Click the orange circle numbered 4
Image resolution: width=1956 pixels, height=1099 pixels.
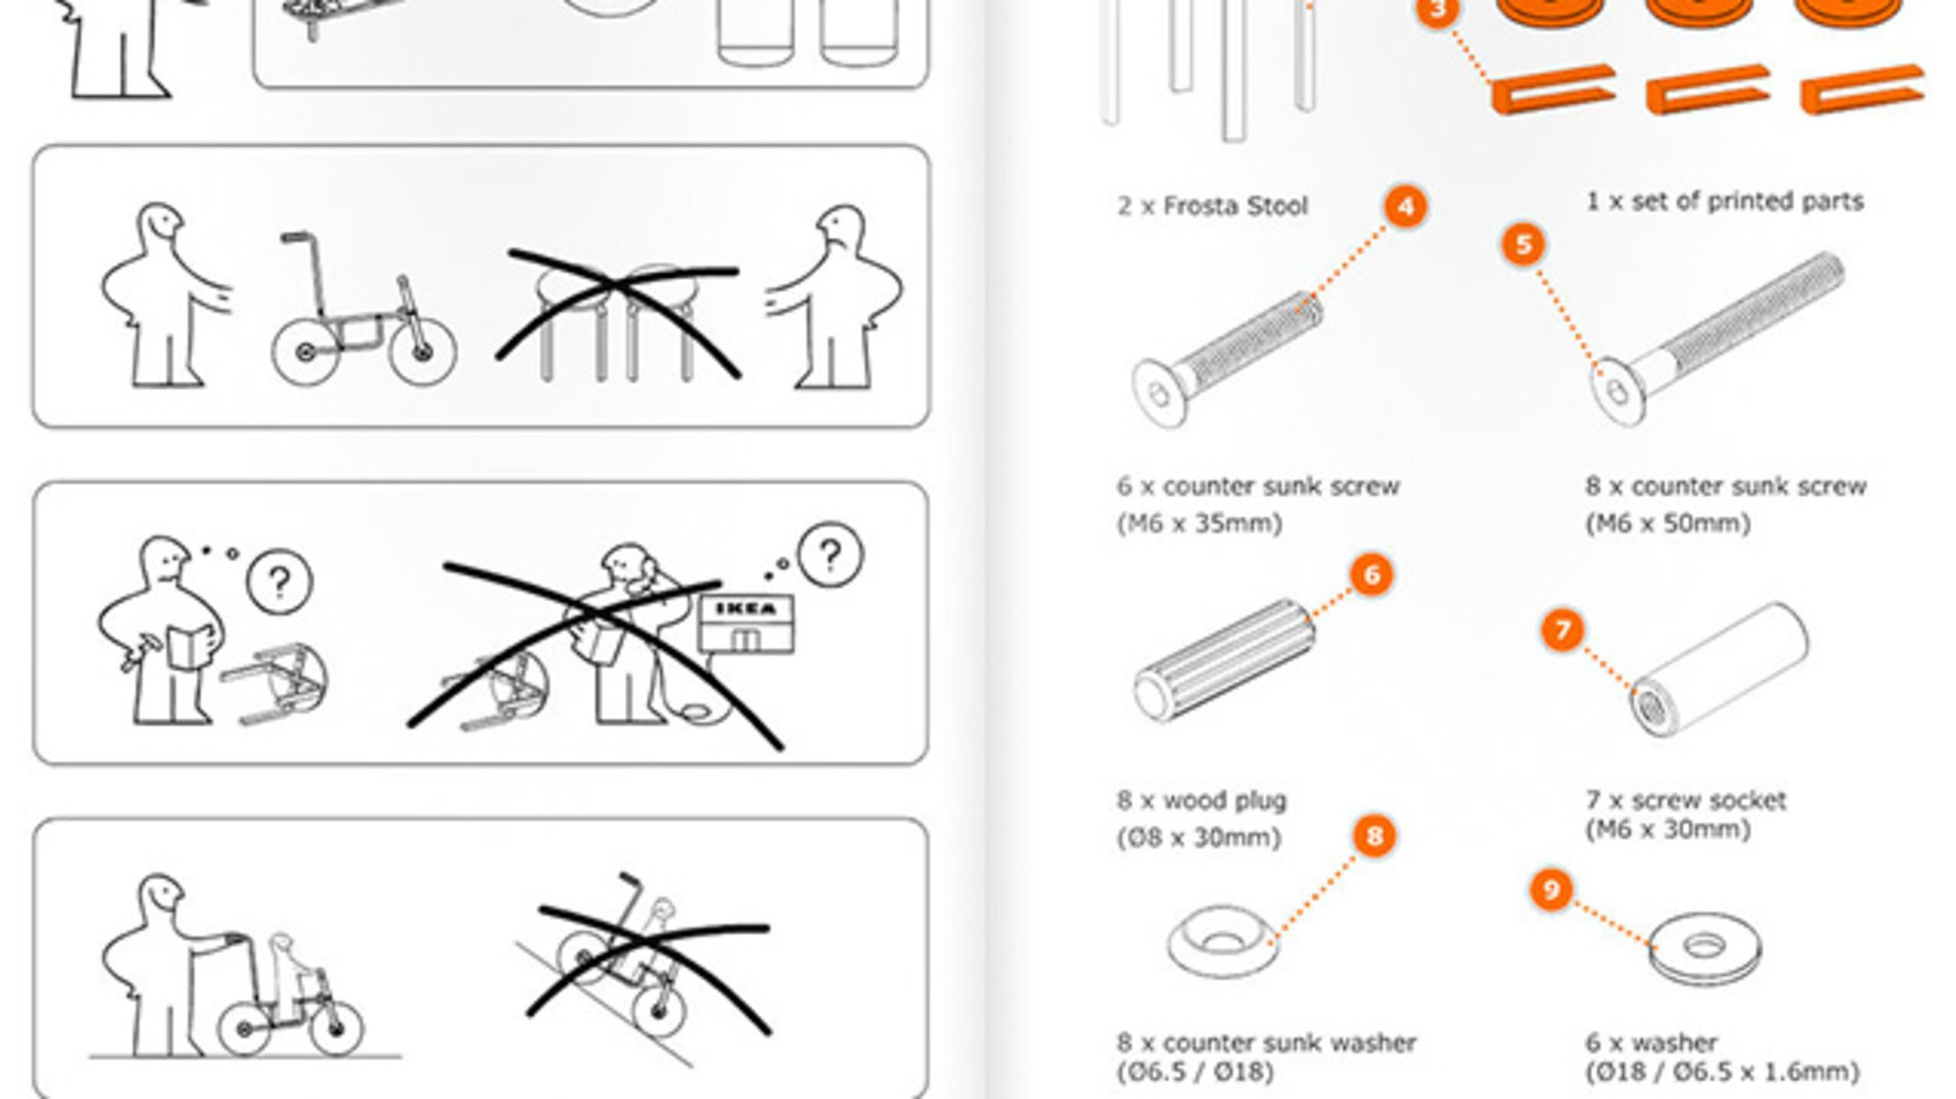tap(1405, 208)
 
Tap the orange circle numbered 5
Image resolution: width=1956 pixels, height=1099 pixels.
tap(1523, 245)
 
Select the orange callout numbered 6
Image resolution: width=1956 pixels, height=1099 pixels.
tap(1371, 575)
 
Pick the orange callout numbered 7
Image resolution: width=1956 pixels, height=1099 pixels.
tap(1562, 630)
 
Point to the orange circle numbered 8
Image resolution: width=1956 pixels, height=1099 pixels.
tap(1374, 835)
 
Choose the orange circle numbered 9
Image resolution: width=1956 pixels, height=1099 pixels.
tap(1552, 889)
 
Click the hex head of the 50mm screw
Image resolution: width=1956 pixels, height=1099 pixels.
tap(1619, 392)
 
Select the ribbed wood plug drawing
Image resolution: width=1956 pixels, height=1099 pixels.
tap(1225, 660)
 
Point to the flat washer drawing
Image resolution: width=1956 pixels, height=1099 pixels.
tap(1704, 948)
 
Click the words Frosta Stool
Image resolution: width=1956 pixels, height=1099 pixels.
tap(1235, 206)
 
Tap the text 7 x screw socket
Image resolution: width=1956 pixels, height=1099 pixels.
tap(1686, 800)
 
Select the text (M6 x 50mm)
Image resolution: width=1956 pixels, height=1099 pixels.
tap(1667, 523)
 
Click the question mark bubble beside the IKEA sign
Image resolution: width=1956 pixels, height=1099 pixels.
tap(830, 555)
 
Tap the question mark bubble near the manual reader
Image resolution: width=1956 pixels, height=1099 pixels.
tap(279, 582)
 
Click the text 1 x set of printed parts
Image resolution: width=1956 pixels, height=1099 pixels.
tap(1724, 202)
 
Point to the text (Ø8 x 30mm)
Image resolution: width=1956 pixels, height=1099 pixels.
tap(1198, 837)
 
